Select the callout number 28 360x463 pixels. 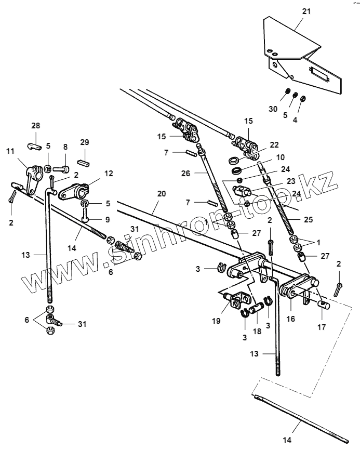point(35,126)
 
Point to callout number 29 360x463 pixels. point(85,142)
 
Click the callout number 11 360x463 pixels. point(10,151)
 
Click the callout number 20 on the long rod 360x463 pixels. point(162,194)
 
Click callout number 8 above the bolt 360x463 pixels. point(65,148)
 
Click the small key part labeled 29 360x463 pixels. point(85,162)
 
